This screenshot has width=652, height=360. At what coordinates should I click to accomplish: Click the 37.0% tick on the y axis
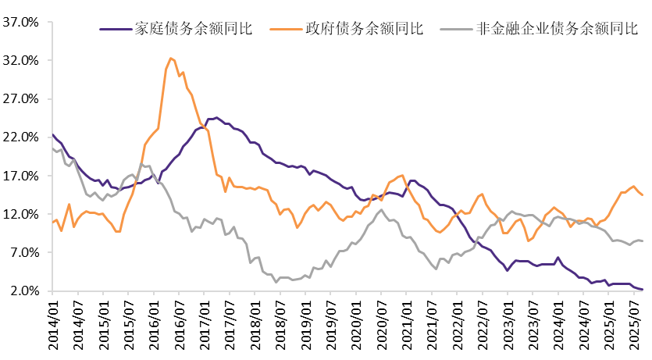click(x=22, y=22)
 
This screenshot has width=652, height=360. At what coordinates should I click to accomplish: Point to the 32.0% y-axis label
click(x=22, y=60)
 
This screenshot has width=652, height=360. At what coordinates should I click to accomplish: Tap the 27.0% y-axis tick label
click(x=22, y=99)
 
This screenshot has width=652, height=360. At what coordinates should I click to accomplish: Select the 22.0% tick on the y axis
click(x=22, y=137)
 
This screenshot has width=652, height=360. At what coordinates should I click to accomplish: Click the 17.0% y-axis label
click(x=22, y=176)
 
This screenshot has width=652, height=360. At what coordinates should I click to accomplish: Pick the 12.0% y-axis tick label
click(x=22, y=214)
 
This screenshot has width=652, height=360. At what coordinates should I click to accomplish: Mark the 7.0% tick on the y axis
click(x=24, y=253)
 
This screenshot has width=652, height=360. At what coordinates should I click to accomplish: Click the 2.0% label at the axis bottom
click(x=24, y=291)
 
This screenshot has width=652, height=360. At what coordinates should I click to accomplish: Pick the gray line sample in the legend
click(x=457, y=30)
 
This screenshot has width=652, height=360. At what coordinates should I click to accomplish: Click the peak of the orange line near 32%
click(x=171, y=58)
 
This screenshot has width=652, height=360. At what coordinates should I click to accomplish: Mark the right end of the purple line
click(x=643, y=290)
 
